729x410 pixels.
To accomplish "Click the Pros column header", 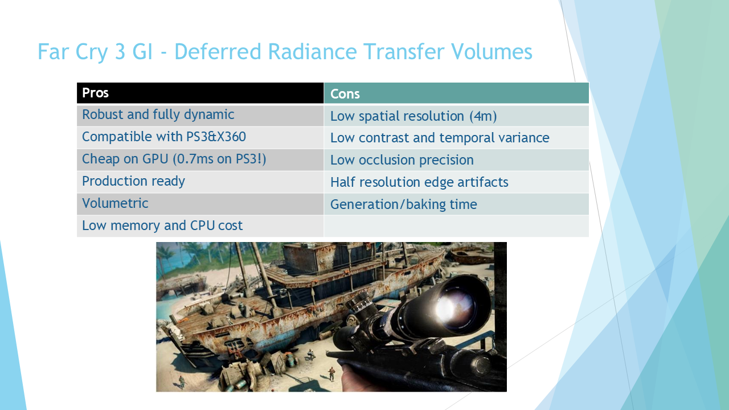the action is [x=200, y=93].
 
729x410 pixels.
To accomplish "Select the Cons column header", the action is [x=456, y=93].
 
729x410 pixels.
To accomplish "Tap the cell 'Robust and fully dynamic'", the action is [x=200, y=115].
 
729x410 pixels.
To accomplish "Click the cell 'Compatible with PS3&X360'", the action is [x=200, y=137].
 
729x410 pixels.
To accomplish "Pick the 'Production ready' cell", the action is [x=200, y=182].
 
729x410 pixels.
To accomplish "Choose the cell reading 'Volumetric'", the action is [x=200, y=204].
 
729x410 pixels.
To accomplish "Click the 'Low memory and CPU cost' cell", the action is [x=200, y=226].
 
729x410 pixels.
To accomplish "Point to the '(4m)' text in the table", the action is [x=483, y=117].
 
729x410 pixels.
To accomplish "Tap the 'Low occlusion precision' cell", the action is [x=456, y=160].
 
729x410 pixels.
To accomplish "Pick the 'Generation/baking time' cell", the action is [x=456, y=204].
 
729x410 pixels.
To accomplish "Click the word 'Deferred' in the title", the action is [x=218, y=51].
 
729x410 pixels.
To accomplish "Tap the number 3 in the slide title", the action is [x=120, y=52].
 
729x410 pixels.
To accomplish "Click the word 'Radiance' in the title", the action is [x=312, y=51].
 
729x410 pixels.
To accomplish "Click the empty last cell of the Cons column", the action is [x=456, y=226].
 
